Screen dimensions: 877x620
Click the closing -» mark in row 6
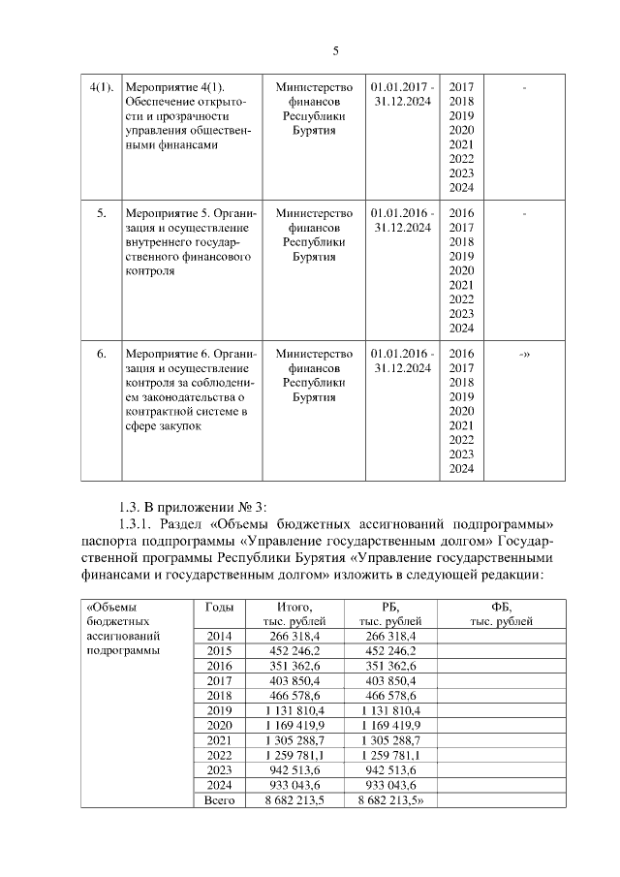(x=524, y=355)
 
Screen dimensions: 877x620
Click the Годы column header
(x=220, y=607)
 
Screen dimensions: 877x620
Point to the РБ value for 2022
(x=390, y=756)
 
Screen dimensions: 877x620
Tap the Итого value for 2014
(x=294, y=635)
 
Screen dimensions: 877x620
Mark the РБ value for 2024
(x=390, y=786)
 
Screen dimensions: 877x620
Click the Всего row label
(x=220, y=800)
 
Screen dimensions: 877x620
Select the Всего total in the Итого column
(x=294, y=800)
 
